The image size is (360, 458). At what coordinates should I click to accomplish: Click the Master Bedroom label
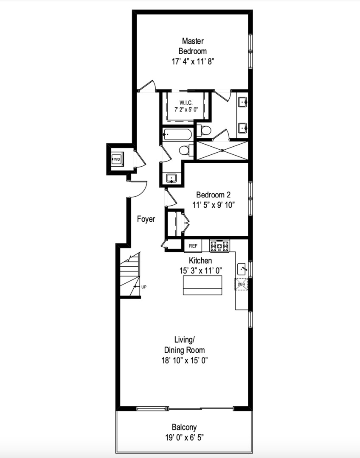click(193, 46)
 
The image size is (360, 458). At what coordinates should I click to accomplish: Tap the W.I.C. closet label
click(186, 103)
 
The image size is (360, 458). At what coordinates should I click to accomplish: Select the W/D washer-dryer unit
click(117, 159)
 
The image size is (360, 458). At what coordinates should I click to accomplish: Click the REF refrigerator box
click(193, 246)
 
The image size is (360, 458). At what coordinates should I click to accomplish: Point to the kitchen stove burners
click(219, 246)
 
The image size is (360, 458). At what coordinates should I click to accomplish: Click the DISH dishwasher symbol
click(241, 284)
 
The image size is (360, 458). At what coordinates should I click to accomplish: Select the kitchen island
click(202, 285)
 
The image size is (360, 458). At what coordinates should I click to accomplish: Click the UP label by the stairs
click(143, 287)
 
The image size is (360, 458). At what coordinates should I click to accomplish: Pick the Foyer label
click(146, 219)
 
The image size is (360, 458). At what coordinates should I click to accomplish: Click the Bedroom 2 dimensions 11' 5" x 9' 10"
click(214, 205)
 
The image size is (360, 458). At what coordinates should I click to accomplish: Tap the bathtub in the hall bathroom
click(177, 135)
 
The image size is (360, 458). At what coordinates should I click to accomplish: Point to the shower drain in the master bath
click(222, 151)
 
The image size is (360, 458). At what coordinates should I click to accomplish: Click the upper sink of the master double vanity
click(243, 103)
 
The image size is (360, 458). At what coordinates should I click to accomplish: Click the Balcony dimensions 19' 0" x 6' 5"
click(184, 438)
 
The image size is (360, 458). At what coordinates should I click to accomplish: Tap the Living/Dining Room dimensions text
click(185, 360)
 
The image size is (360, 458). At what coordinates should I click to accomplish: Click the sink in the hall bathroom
click(171, 178)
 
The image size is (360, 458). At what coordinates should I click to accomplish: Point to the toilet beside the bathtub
click(186, 151)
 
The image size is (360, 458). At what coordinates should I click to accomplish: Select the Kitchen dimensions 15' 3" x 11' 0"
click(201, 271)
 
